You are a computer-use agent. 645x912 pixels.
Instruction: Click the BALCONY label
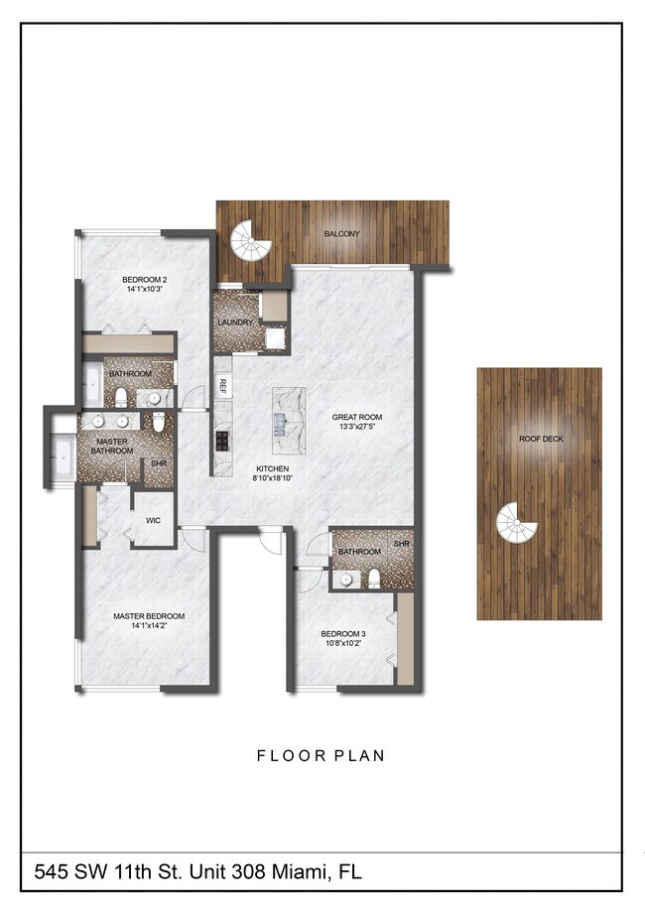point(341,234)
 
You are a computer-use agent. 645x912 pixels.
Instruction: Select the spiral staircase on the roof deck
point(515,523)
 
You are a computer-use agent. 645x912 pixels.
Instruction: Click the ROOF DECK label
point(539,439)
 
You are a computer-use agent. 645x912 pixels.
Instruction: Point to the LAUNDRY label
point(235,324)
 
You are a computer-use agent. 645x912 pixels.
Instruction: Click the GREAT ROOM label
point(357,418)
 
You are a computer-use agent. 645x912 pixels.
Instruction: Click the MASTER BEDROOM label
point(149,616)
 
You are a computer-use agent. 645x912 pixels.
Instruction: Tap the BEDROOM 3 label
point(342,634)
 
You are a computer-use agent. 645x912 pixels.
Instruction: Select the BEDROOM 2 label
point(145,280)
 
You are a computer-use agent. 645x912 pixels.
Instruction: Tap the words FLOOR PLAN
point(321,756)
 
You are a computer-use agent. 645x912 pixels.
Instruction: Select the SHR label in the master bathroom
point(158,462)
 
